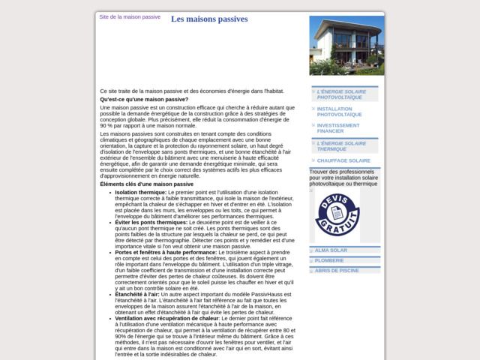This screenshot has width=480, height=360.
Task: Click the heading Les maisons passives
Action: click(209, 19)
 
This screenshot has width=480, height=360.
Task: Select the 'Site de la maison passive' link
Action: click(130, 16)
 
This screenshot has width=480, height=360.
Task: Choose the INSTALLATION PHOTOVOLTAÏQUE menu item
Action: click(340, 111)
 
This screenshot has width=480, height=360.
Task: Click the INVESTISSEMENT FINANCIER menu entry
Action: click(338, 128)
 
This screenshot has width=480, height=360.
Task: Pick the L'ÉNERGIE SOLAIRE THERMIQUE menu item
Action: click(341, 145)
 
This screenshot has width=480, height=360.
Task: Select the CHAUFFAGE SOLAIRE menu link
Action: click(343, 160)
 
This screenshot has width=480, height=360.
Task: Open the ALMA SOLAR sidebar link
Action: click(331, 250)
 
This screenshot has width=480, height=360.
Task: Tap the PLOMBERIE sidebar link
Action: click(329, 260)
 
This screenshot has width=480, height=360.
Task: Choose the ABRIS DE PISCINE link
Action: click(337, 270)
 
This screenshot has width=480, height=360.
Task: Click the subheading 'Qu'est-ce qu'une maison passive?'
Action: click(144, 100)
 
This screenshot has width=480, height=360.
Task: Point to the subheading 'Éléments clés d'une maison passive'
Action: click(146, 184)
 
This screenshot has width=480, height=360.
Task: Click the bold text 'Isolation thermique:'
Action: click(141, 193)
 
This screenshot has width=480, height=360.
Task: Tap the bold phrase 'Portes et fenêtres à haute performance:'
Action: click(166, 253)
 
